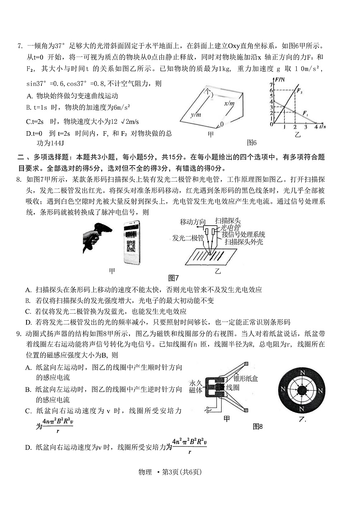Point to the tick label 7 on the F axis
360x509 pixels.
pyautogui.click(x=271, y=84)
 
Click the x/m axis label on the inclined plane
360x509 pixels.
pyautogui.click(x=229, y=103)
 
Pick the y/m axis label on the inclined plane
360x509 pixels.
pyautogui.click(x=196, y=114)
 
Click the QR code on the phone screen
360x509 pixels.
pyautogui.click(x=131, y=240)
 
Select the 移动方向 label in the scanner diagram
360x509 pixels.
pyautogui.click(x=192, y=222)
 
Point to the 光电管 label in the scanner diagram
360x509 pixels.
pyautogui.click(x=230, y=228)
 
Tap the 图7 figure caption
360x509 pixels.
pyautogui.click(x=173, y=278)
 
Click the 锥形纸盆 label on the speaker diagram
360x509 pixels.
pyautogui.click(x=245, y=378)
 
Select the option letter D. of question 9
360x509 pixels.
pyautogui.click(x=28, y=447)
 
